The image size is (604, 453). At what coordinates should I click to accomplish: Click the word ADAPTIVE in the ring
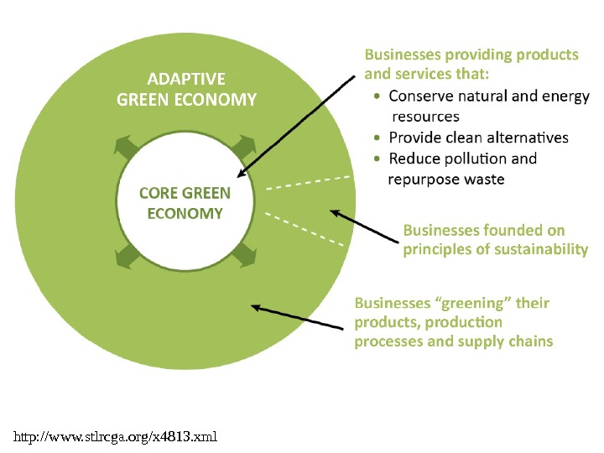point(186,80)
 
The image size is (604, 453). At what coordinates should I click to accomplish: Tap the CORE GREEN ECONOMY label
point(185,204)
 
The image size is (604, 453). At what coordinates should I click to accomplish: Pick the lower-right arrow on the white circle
point(245,255)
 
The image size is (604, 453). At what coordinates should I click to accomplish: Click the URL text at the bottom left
point(116,436)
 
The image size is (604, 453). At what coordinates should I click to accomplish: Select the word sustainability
point(543,249)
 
